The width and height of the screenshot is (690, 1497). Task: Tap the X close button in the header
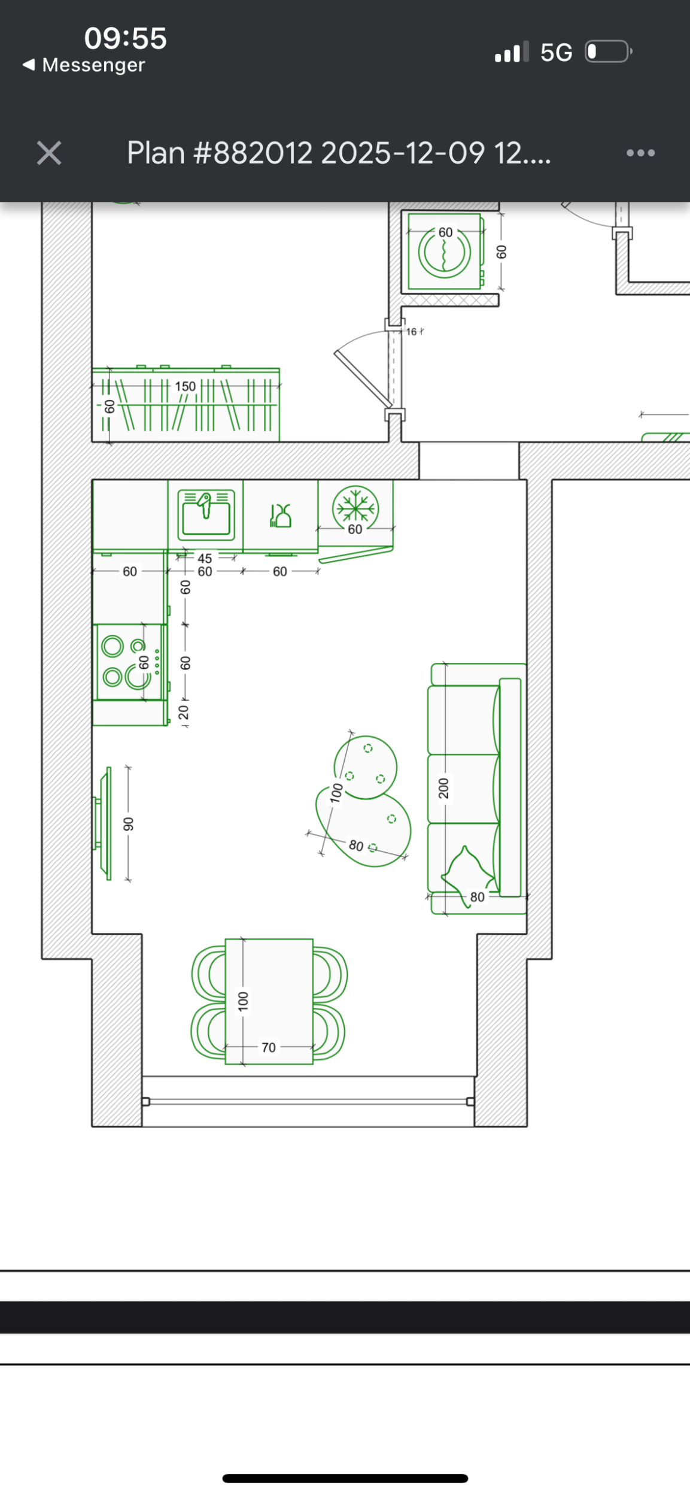click(x=49, y=153)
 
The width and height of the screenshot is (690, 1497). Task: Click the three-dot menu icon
click(x=640, y=153)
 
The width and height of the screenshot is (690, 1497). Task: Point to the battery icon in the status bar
click(x=609, y=51)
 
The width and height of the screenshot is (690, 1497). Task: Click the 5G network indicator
click(x=556, y=53)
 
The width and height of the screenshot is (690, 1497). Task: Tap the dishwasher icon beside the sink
click(x=280, y=516)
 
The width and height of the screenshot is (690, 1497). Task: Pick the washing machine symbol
click(x=444, y=252)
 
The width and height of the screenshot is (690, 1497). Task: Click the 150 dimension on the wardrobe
click(x=186, y=387)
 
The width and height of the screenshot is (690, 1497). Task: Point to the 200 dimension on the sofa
click(x=443, y=788)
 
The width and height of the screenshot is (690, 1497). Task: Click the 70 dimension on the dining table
click(x=269, y=1047)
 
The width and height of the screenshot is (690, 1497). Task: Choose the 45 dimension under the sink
click(x=205, y=558)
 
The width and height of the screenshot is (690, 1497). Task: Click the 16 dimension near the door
click(x=411, y=332)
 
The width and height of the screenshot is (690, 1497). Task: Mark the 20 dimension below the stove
click(x=184, y=712)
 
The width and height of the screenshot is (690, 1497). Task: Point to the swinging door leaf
click(x=363, y=378)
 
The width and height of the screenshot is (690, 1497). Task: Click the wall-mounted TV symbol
click(x=103, y=823)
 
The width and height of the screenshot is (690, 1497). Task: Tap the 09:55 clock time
click(x=126, y=38)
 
